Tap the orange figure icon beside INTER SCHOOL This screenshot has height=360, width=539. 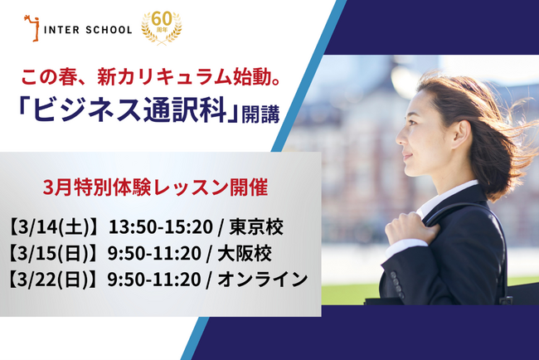[32, 27]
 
